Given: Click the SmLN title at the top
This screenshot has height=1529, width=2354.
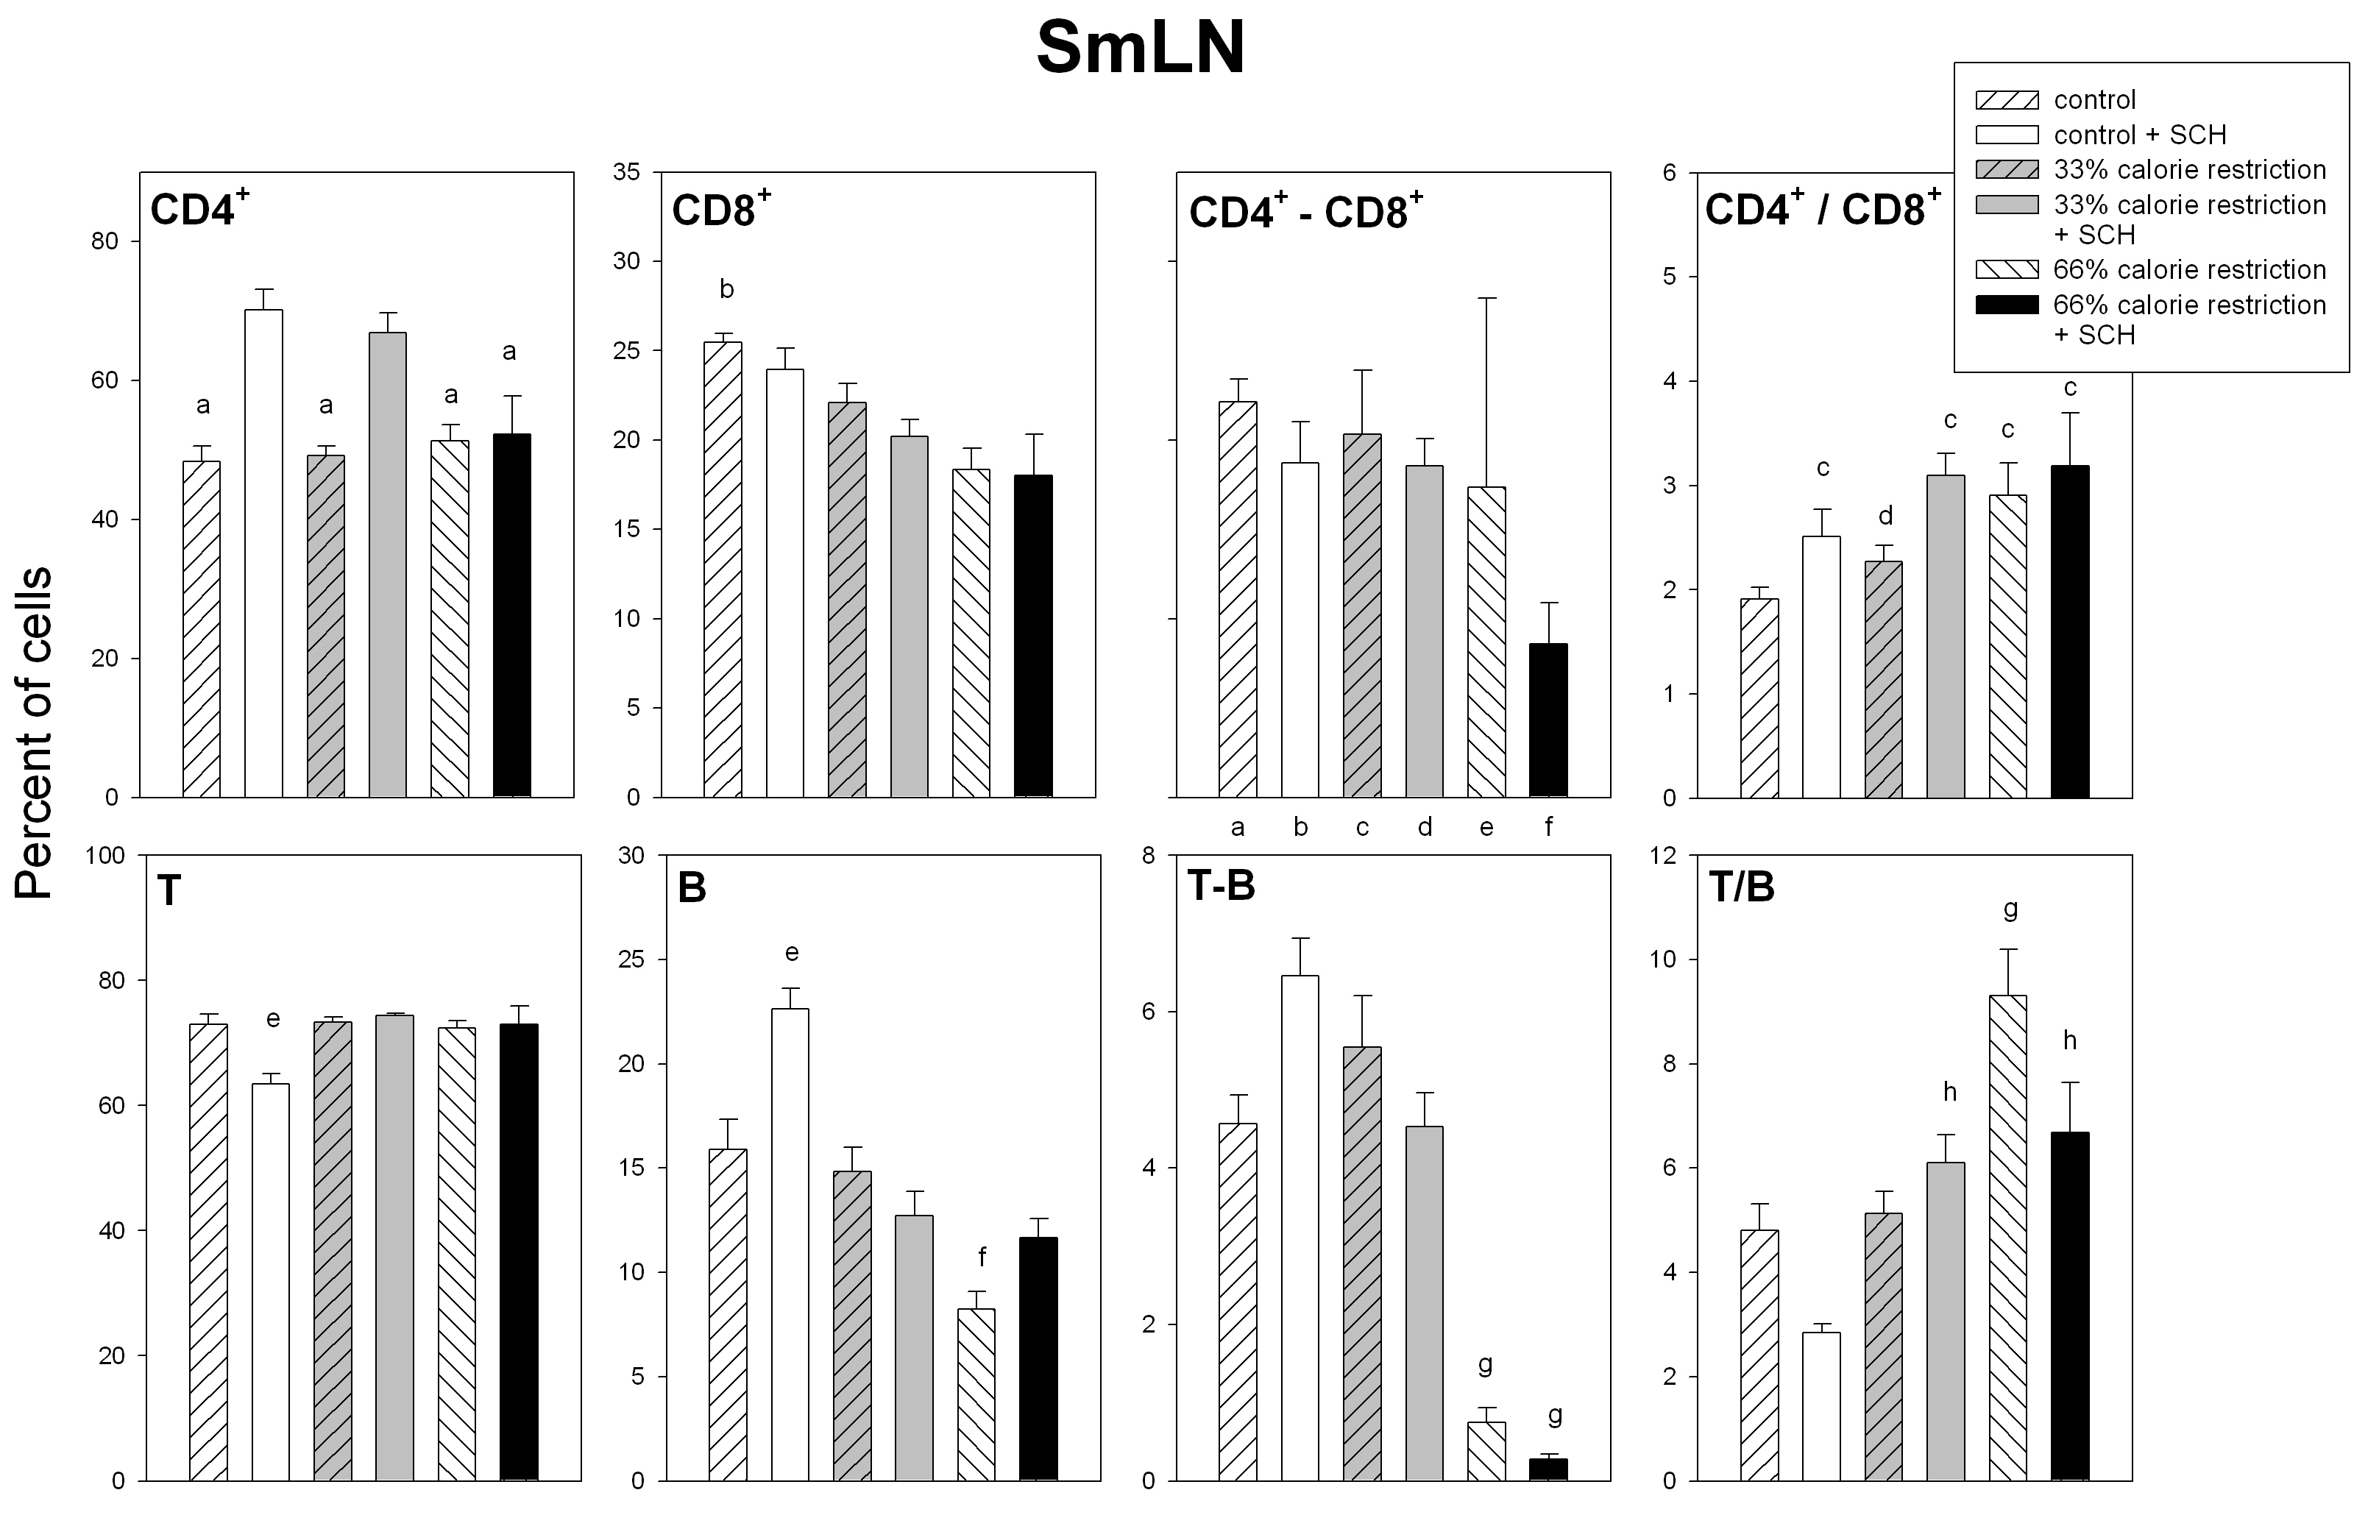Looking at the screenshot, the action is point(1141,49).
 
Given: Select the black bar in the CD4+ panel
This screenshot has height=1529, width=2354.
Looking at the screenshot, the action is point(511,615).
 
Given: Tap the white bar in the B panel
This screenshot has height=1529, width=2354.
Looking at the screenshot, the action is point(790,1244).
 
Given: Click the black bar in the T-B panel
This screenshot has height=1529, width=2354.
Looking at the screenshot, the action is point(1548,1469).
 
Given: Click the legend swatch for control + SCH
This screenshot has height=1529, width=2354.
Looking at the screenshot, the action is point(2007,135).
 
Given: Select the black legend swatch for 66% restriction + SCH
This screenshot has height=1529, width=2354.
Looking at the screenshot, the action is point(2007,305).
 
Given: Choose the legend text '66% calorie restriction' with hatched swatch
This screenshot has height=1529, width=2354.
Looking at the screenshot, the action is point(2190,269).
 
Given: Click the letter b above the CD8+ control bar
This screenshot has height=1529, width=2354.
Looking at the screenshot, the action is point(727,288).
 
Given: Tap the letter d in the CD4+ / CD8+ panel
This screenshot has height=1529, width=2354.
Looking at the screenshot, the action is point(1885,515).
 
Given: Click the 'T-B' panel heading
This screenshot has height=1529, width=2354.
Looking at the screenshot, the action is point(1222,886).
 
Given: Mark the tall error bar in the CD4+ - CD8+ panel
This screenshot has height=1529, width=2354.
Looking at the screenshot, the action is point(1486,391).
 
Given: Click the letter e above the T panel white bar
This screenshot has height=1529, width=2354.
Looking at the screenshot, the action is point(273,1018).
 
